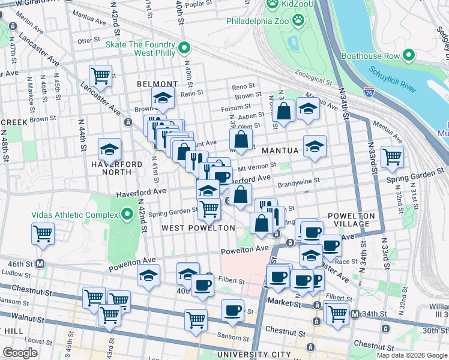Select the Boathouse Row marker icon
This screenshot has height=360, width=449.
(409, 56)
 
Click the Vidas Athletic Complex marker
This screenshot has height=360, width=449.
(127, 214)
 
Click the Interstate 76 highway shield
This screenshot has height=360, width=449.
(369, 92)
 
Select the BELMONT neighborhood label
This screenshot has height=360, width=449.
(157, 84)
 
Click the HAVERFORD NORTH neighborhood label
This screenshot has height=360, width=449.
(116, 168)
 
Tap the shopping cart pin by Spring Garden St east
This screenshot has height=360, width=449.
(392, 157)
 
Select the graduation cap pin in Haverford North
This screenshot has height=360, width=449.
(109, 148)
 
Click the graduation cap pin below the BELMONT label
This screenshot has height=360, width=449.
(162, 97)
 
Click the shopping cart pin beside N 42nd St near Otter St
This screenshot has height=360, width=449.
(100, 75)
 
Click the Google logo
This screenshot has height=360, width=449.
(20, 353)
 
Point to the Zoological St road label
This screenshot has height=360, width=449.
(313, 80)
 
